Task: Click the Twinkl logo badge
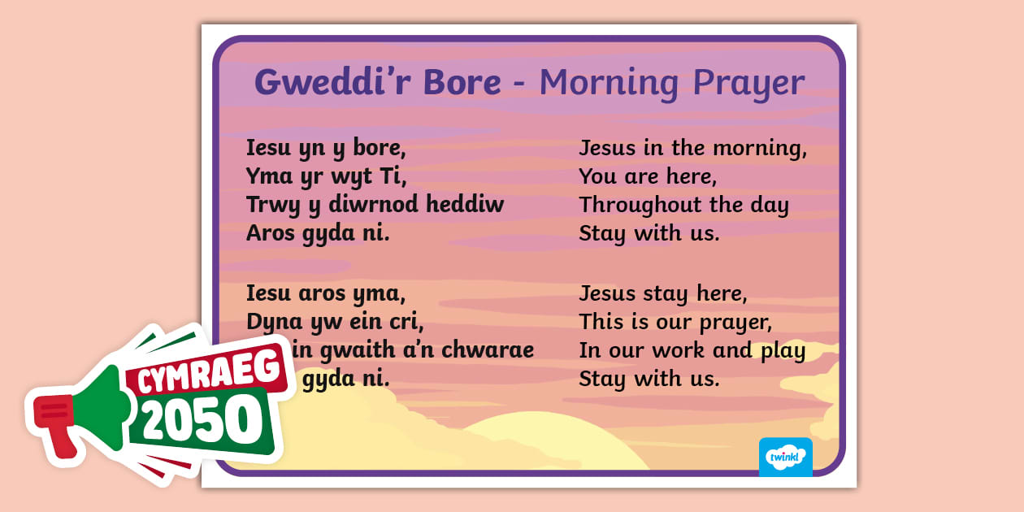coord(785,457)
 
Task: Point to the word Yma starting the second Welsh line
coord(269,176)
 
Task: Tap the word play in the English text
coord(782,351)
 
